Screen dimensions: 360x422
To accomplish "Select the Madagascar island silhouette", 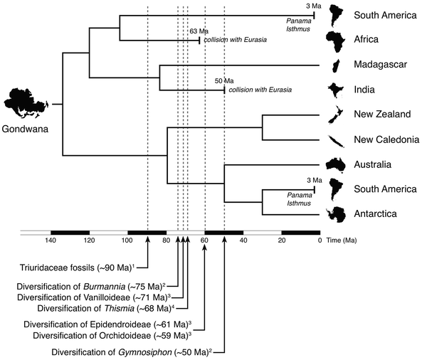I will point(335,65).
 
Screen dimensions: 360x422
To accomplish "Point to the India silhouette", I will point(335,90).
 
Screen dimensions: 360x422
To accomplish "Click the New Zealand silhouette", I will point(335,115).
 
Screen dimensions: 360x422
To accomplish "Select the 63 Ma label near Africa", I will point(197,31).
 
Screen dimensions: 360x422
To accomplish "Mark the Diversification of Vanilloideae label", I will point(112,297).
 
